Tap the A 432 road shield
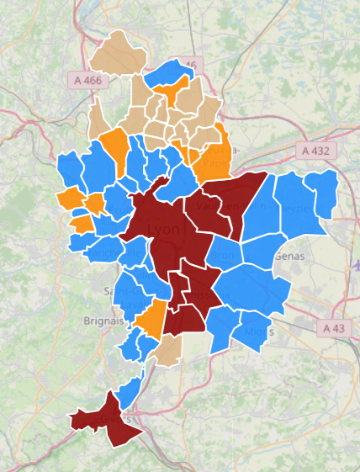pos(318,151)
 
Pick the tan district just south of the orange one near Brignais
pos(167,353)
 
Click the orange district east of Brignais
pos(151,320)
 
